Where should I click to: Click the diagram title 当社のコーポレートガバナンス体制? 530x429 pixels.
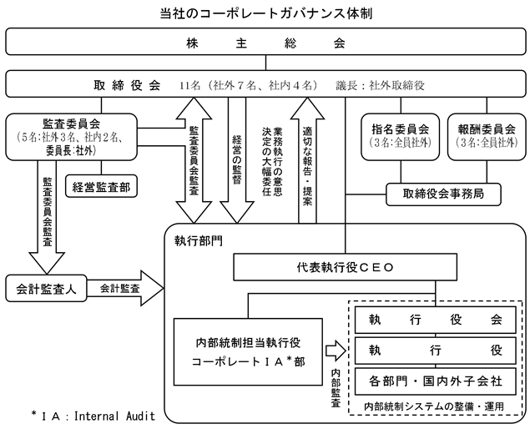click(265, 13)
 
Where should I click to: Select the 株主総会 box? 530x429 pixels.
click(265, 42)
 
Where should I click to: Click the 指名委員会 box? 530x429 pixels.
click(400, 136)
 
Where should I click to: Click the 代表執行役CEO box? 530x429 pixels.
click(345, 268)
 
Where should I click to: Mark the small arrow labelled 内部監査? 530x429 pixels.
click(334, 350)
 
